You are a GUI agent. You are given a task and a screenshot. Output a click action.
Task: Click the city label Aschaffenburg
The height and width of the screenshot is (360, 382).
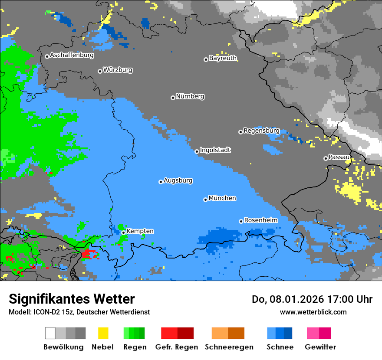click(x=72, y=56)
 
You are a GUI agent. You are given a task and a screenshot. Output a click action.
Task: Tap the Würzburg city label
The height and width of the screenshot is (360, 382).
click(x=118, y=70)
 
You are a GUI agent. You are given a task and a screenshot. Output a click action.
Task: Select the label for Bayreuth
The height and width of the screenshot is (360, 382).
click(x=223, y=58)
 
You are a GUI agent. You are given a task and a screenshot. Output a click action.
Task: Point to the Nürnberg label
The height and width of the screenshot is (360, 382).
click(x=190, y=97)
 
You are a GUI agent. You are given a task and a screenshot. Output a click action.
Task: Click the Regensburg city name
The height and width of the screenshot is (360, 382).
click(x=261, y=131)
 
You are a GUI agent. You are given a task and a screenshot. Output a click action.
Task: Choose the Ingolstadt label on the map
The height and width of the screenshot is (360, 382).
click(x=215, y=150)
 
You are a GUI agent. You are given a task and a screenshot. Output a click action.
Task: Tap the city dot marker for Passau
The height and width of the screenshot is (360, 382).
click(x=326, y=158)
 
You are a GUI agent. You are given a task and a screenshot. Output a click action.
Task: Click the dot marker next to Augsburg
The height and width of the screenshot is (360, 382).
click(x=161, y=182)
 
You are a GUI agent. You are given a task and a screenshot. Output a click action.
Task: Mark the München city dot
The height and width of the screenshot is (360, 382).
click(x=205, y=200)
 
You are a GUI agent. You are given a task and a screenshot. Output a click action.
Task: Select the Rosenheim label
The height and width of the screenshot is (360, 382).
click(x=261, y=220)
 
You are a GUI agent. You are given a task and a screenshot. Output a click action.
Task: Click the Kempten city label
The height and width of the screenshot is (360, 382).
click(x=140, y=231)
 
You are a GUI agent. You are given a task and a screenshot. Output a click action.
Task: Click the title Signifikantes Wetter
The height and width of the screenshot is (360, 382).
click(x=72, y=299)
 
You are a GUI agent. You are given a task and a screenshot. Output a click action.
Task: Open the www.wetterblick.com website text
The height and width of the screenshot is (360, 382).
click(x=313, y=312)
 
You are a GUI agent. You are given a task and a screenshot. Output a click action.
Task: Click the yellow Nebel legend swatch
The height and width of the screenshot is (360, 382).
click(x=103, y=333)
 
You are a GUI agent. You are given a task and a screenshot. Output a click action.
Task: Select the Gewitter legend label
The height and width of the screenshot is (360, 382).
click(x=320, y=347)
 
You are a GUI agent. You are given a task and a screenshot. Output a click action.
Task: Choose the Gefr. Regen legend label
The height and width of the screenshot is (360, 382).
click(x=177, y=347)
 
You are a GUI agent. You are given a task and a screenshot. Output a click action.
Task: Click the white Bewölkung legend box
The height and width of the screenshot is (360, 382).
click(x=50, y=333)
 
